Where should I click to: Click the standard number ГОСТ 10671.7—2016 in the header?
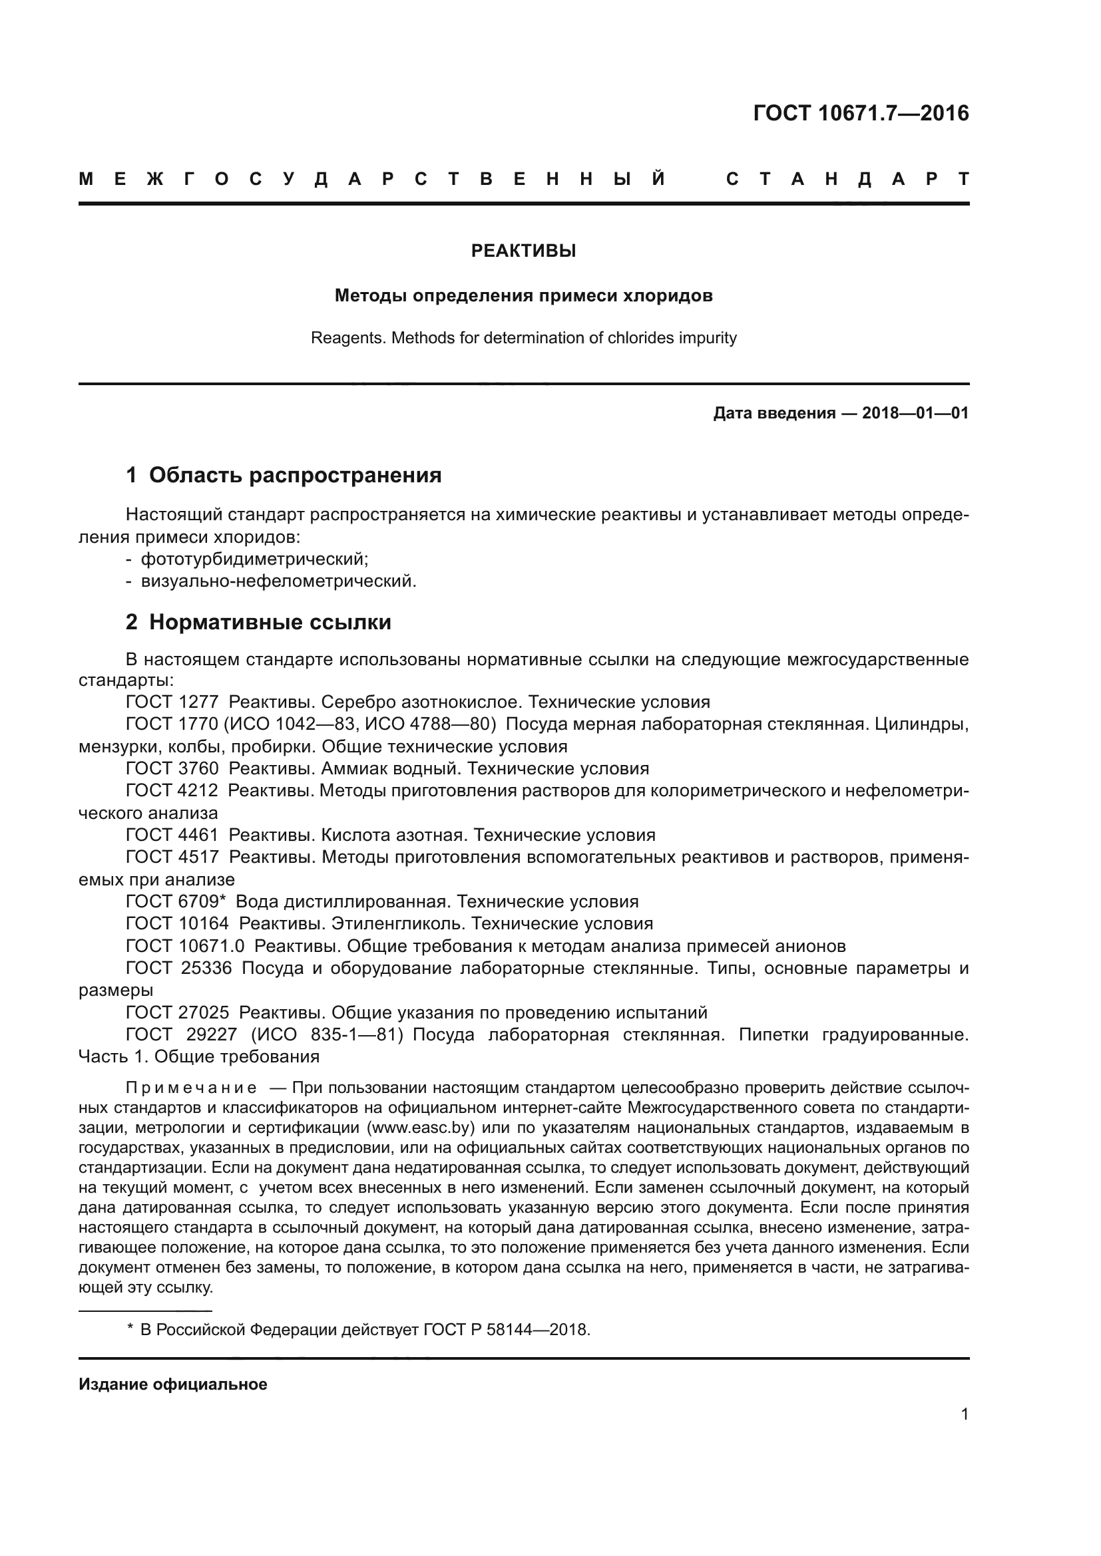860,113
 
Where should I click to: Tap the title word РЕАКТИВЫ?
523,251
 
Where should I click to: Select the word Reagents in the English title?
339,338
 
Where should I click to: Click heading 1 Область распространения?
284,476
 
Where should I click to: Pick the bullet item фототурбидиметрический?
254,559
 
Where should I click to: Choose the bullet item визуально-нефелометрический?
278,581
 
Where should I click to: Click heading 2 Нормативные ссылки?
258,622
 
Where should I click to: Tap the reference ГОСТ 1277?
172,702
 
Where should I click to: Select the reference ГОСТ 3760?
172,768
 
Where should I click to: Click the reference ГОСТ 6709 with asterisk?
175,902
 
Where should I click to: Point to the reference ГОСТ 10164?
178,924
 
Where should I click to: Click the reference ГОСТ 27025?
178,1012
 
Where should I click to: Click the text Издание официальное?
173,1384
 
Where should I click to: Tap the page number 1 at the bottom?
965,1414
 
